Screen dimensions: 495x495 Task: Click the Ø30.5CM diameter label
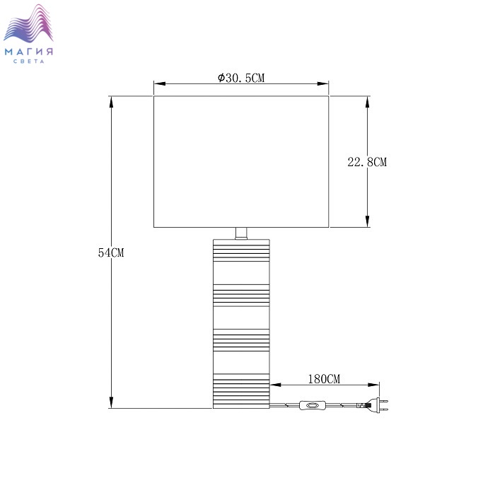[241, 78]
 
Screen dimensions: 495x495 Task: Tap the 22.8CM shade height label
[367, 162]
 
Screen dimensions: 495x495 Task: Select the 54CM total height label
[111, 252]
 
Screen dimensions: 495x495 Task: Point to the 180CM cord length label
[324, 379]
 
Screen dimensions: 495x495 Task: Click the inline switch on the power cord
[313, 405]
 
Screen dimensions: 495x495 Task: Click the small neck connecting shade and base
[241, 233]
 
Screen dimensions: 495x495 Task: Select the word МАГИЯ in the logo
[29, 52]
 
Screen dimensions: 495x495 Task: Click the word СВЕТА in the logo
[29, 62]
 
